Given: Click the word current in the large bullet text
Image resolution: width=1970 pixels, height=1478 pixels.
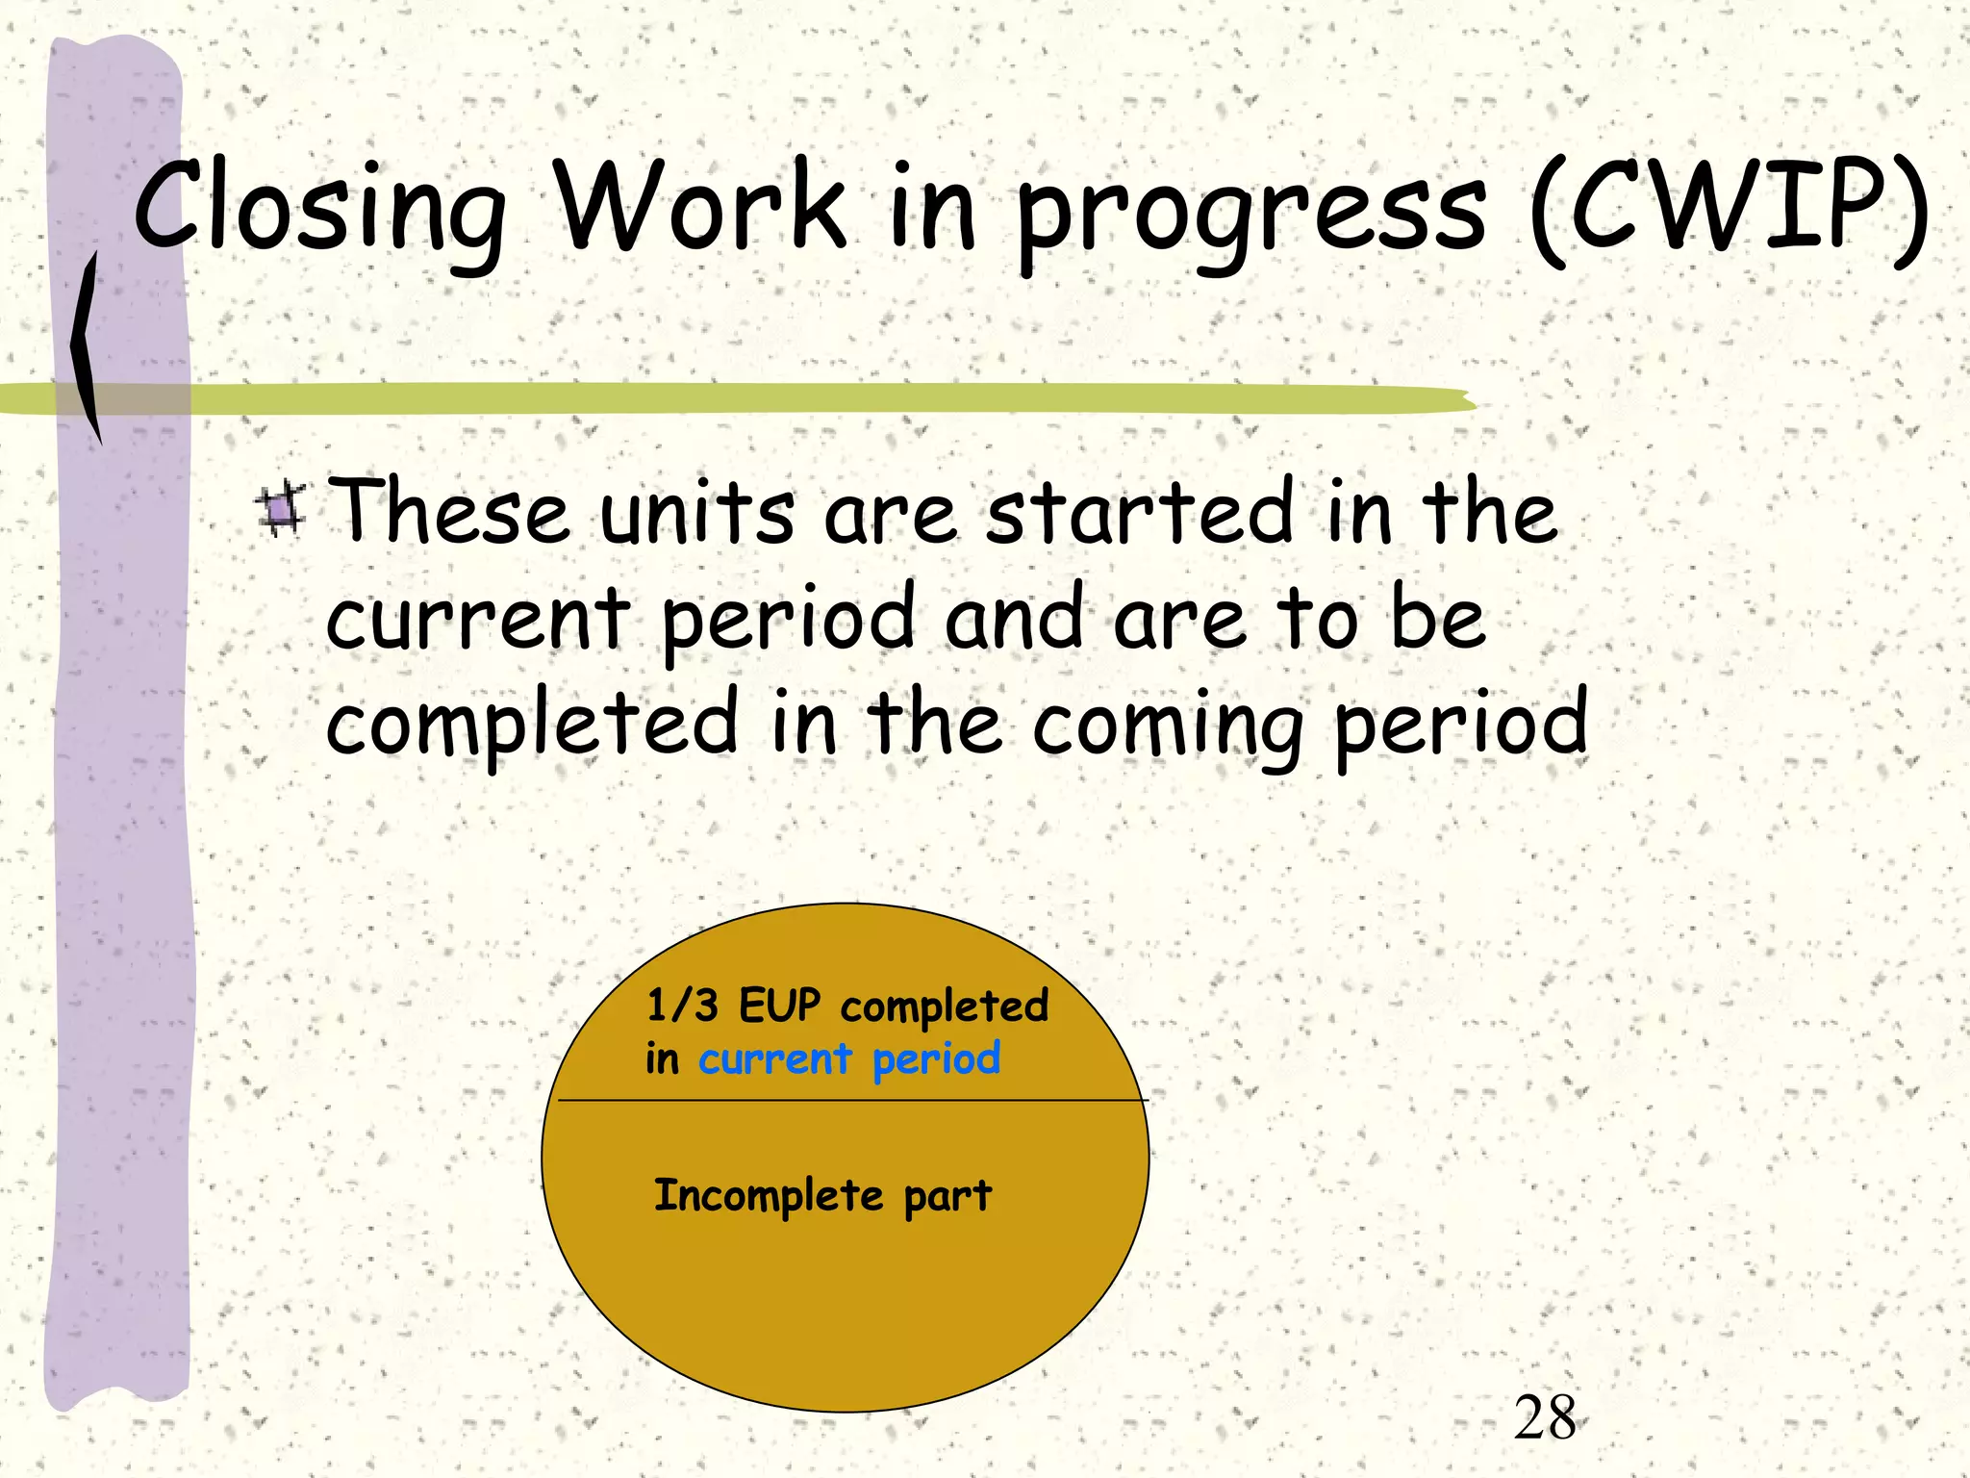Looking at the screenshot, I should coord(477,621).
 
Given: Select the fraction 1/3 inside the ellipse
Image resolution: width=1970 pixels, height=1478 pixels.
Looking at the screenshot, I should coord(682,1006).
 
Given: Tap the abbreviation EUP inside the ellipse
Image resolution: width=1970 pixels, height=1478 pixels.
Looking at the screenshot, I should coord(779,1006).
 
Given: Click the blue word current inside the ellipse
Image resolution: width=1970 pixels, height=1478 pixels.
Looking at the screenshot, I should coord(774,1059).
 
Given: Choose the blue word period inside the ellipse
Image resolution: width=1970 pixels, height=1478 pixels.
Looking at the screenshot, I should coord(936,1059).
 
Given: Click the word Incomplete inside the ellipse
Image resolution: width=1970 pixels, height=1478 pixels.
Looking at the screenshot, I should coord(768,1196).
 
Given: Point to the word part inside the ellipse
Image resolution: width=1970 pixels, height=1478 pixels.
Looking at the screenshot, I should coord(947,1198).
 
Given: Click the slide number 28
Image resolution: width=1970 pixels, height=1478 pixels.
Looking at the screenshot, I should coord(1545,1418).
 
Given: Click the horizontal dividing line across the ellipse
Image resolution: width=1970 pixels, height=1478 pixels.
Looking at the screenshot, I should coord(846,1100).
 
